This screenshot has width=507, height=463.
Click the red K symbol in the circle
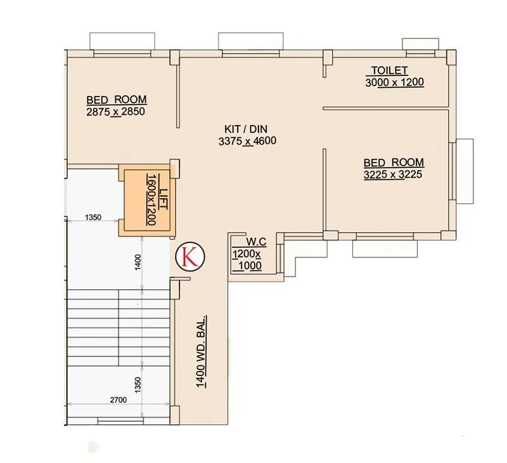pyautogui.click(x=189, y=255)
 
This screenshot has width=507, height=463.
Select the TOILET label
pyautogui.click(x=389, y=70)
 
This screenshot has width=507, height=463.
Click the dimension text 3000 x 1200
pyautogui.click(x=394, y=82)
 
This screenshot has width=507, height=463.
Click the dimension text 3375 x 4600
pyautogui.click(x=247, y=141)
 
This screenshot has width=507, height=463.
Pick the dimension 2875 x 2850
pyautogui.click(x=116, y=112)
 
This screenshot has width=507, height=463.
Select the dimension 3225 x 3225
pyautogui.click(x=393, y=174)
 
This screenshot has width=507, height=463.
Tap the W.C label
pyautogui.click(x=255, y=242)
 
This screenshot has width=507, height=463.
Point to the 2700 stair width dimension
pyautogui.click(x=119, y=400)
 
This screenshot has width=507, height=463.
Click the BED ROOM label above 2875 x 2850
pyautogui.click(x=117, y=100)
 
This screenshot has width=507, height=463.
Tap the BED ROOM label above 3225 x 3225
pyautogui.click(x=394, y=162)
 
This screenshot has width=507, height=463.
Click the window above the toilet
pyautogui.click(x=421, y=42)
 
